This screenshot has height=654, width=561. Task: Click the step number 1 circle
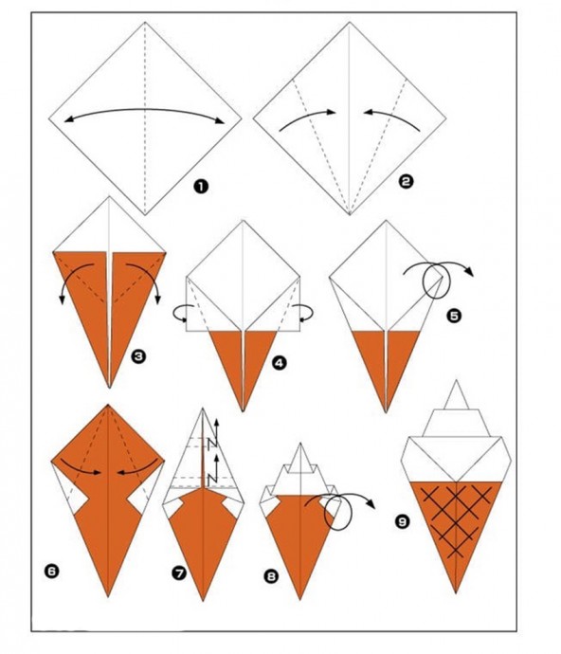tap(201, 187)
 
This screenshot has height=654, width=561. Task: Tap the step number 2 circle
tap(406, 181)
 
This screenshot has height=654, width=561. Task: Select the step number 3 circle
tap(138, 356)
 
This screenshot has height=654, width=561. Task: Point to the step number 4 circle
tap(279, 363)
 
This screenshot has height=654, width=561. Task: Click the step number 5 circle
tap(454, 316)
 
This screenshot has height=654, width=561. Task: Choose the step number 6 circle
tap(51, 571)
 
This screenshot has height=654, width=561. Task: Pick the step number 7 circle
tap(179, 573)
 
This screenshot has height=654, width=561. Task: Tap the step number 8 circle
tap(271, 576)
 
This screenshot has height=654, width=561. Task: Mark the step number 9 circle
tap(402, 521)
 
